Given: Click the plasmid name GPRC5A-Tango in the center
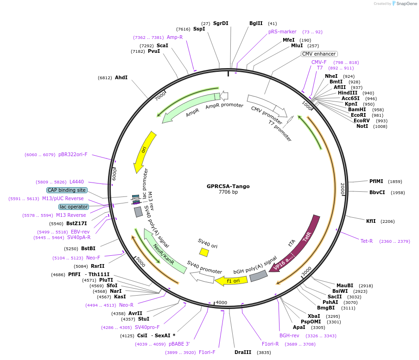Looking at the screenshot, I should (228, 186).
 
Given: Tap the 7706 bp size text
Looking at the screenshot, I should (228, 192).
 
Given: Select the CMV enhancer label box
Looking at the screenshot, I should (319, 54).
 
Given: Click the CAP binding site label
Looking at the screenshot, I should (66, 190).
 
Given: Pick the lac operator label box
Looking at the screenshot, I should (74, 207).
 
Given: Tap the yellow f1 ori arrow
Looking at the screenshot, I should (230, 281).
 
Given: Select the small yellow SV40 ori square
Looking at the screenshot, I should (204, 252).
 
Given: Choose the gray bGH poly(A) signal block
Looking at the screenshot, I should (259, 276).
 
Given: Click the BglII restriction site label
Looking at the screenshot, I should (256, 23).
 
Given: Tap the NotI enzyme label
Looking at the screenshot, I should (362, 126).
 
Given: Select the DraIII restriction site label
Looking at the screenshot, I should (243, 352).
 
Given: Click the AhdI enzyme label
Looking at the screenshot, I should (121, 77).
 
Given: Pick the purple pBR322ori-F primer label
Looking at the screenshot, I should (73, 154).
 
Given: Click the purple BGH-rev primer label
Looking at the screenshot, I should (289, 335).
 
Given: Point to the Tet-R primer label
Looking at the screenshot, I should (367, 241).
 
